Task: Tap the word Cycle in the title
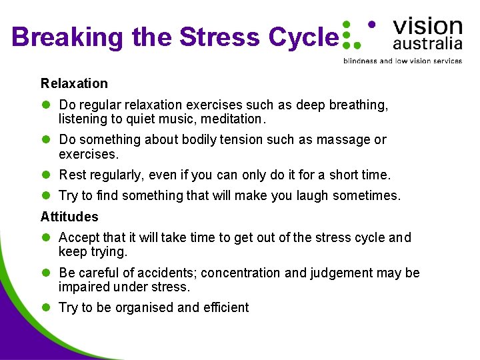tap(303, 37)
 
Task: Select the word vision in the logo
tap(427, 26)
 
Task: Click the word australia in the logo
tap(427, 45)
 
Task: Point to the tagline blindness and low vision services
tap(402, 61)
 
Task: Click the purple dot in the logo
tap(371, 24)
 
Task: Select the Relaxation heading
tap(74, 83)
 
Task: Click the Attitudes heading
tap(69, 217)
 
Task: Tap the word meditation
tap(234, 119)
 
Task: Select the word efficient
tap(226, 307)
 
